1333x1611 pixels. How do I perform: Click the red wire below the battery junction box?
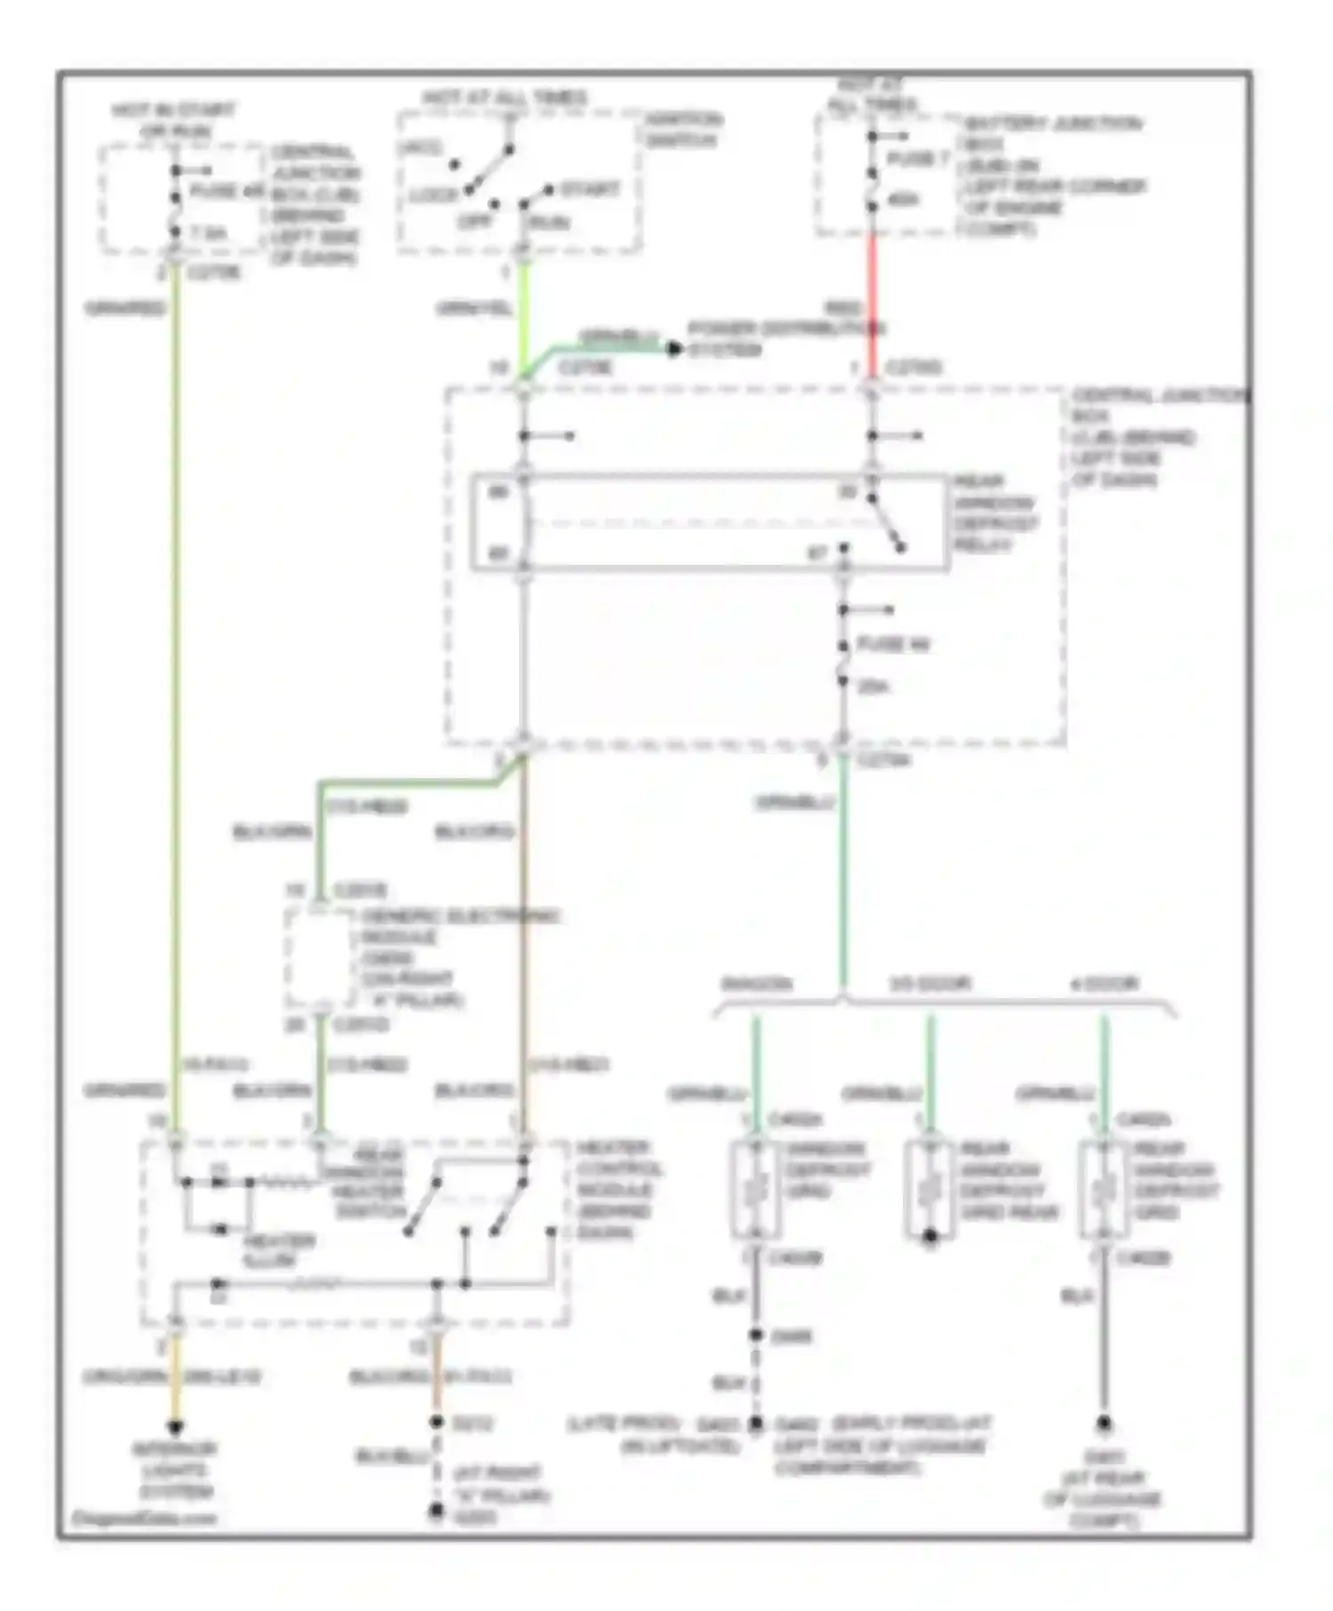[872, 302]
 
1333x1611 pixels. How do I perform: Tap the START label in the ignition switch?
[589, 189]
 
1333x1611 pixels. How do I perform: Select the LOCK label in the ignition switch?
[434, 194]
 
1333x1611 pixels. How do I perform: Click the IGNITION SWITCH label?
[682, 130]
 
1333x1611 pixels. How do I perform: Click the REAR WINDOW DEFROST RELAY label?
[994, 512]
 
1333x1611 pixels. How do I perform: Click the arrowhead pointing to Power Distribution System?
[674, 350]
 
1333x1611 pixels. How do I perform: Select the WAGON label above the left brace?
[756, 984]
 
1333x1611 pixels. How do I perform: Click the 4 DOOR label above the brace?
[1104, 984]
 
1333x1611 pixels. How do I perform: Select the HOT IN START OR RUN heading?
[173, 121]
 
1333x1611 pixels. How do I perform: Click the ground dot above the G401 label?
[1104, 1423]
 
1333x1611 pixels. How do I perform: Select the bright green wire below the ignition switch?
[523, 311]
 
